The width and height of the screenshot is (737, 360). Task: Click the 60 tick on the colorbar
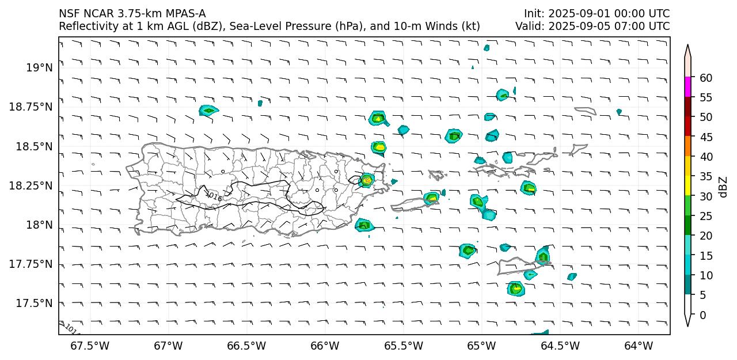705,78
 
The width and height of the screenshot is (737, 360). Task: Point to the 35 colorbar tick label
705,176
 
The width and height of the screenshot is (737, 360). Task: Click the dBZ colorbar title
723,187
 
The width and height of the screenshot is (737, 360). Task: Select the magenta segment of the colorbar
687,88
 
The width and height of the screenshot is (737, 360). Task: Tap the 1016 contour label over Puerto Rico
214,196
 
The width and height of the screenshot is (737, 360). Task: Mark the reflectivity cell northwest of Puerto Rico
208,110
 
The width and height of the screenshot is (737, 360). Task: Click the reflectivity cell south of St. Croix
515,288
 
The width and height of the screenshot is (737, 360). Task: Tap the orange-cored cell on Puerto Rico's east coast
367,180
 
